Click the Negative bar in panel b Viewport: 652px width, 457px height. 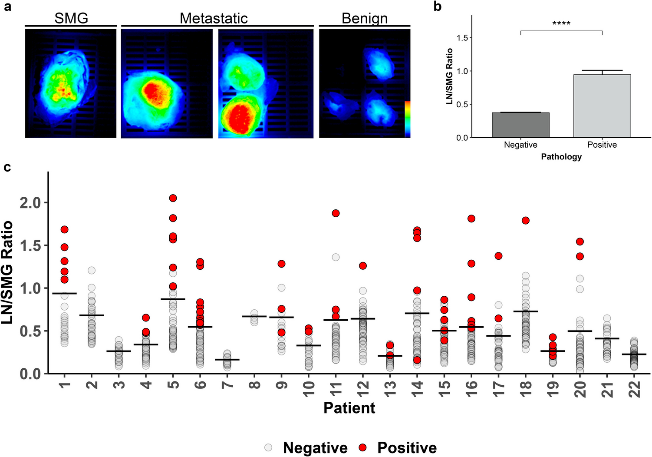[520, 125]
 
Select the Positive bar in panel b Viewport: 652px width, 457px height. [602, 106]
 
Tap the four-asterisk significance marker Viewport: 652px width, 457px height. [561, 23]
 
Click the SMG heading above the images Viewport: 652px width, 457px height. [71, 18]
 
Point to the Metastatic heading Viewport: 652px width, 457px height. [214, 18]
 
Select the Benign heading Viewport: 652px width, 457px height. [365, 18]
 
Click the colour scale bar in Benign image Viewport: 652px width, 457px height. [407, 119]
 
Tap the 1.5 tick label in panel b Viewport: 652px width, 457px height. [462, 38]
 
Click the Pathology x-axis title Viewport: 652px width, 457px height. [561, 157]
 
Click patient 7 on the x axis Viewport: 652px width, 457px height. [227, 384]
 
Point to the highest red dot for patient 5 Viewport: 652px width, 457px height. [173, 198]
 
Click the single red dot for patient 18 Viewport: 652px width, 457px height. [526, 221]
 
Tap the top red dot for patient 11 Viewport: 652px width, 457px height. [336, 213]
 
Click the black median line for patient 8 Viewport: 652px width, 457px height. [254, 316]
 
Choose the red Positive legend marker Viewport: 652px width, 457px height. [363, 447]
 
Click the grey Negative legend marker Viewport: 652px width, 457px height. [268, 447]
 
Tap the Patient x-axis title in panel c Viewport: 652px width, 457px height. [349, 408]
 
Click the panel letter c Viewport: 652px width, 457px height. [7, 167]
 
